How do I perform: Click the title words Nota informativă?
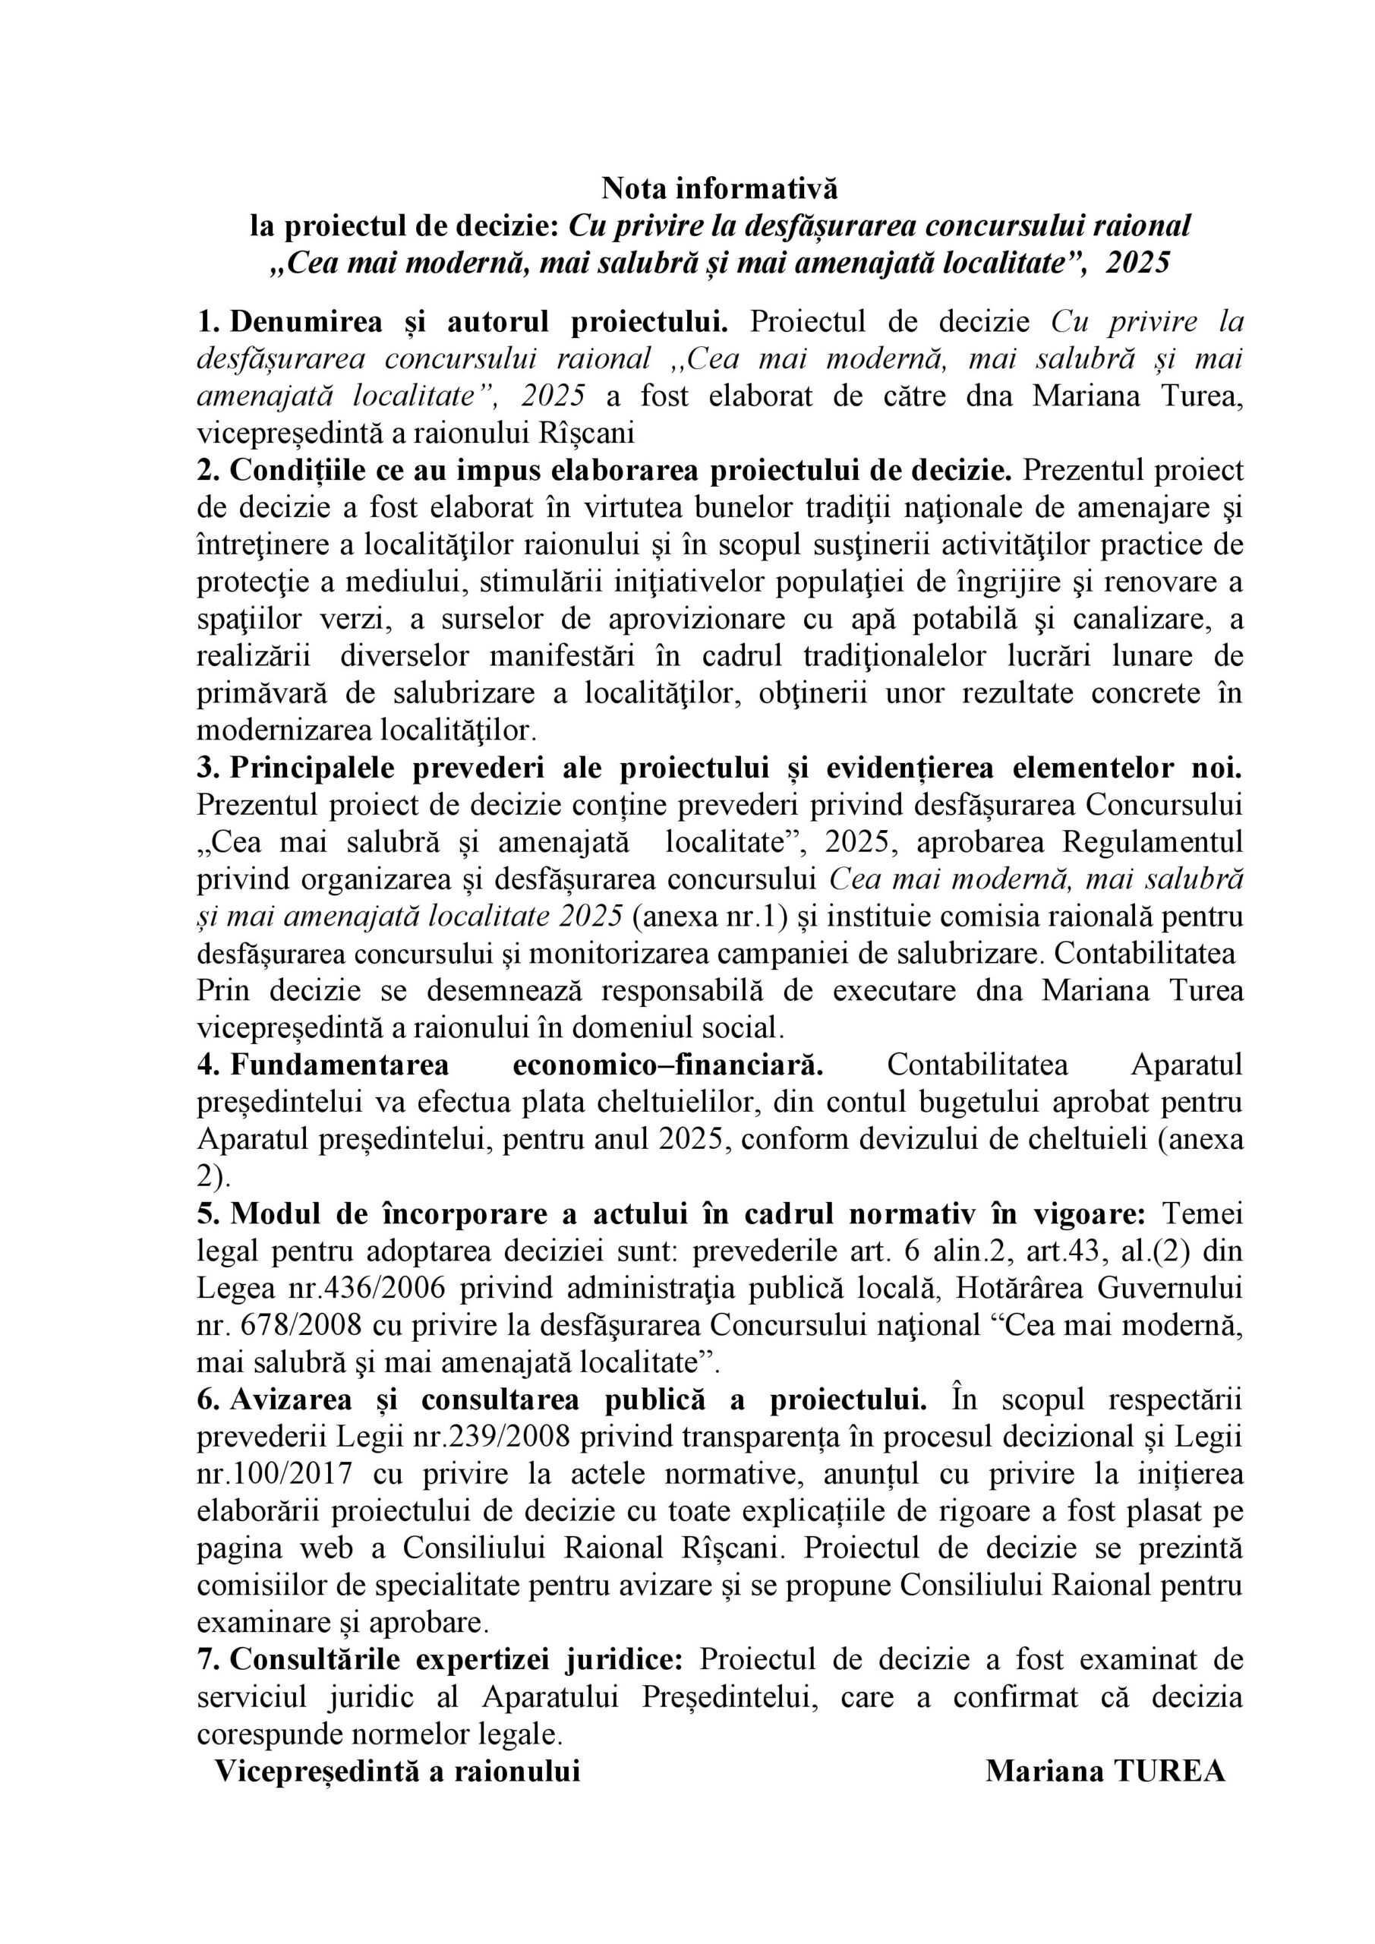tap(719, 188)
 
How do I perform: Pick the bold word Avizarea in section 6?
tap(290, 1400)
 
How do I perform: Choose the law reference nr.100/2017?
tap(274, 1474)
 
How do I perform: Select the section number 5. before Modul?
tap(208, 1214)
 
